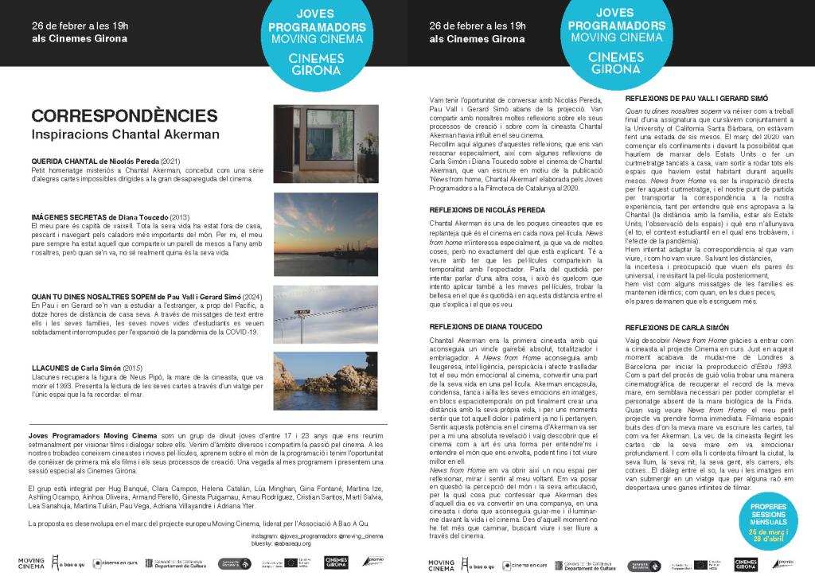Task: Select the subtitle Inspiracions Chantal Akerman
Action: coord(125,134)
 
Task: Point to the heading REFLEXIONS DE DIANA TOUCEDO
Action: coord(485,326)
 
